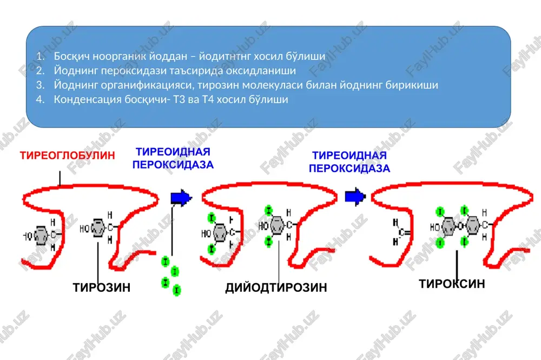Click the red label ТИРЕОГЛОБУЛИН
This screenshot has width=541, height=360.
67,156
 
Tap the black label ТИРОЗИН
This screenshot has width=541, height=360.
102,287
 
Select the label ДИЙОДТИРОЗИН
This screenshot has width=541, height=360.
276,288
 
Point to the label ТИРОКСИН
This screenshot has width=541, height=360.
452,284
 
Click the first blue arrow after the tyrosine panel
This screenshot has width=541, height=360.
181,198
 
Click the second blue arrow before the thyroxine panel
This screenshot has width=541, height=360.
355,197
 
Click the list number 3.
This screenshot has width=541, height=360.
40,85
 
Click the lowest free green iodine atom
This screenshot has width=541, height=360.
177,290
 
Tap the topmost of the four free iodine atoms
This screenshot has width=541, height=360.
166,262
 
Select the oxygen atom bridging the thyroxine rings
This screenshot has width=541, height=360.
460,226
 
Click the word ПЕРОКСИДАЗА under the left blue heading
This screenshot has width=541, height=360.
173,165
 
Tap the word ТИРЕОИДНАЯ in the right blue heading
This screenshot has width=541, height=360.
349,156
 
